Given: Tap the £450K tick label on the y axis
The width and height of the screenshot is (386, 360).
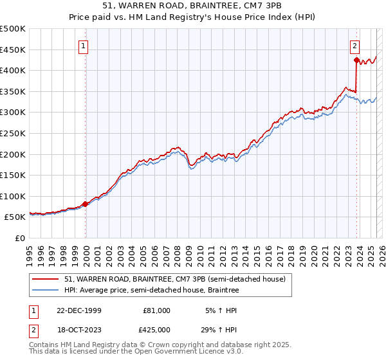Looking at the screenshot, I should [x=13, y=50].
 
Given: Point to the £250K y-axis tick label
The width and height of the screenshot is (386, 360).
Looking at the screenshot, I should [x=13, y=133].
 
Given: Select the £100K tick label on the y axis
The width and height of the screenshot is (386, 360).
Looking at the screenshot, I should [x=13, y=196].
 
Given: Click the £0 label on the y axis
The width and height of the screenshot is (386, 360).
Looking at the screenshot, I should [x=19, y=238].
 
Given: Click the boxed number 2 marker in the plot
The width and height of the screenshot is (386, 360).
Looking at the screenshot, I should [x=355, y=46].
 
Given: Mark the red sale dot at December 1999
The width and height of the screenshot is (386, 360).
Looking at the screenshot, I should [x=86, y=204].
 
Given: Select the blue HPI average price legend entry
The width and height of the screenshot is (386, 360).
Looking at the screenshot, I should [x=151, y=291].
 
